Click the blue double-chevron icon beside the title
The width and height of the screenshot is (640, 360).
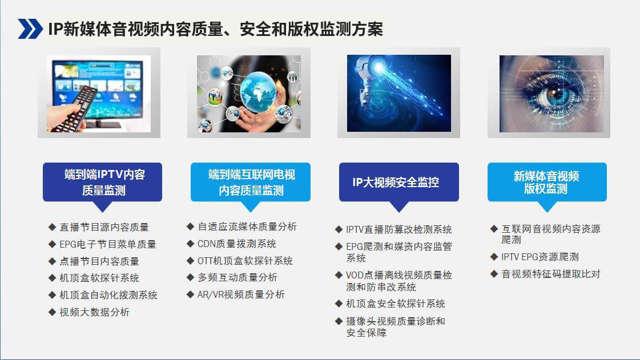point(30,29)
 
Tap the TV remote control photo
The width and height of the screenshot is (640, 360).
point(99,94)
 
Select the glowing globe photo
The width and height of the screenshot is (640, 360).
point(248,94)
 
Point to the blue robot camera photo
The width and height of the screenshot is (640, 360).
point(399,93)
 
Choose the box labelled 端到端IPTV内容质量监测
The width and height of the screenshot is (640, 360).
point(102,182)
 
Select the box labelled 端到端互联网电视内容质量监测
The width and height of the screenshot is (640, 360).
point(251,182)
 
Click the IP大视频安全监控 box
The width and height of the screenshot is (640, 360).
point(399,182)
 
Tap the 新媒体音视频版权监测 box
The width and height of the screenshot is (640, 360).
point(546,182)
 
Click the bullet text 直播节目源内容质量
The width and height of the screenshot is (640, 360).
point(104,227)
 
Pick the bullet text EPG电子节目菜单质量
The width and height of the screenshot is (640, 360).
point(108,244)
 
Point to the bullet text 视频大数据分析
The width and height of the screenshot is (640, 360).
point(94,312)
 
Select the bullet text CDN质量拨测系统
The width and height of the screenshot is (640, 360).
point(236,244)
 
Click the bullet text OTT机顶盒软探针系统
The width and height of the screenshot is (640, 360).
point(245,261)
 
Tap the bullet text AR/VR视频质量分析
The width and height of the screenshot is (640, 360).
point(240,294)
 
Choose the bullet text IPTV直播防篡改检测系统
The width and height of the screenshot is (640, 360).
point(399,229)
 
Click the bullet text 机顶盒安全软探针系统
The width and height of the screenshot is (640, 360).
point(395,304)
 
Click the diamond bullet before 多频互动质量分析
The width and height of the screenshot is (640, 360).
point(190,277)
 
